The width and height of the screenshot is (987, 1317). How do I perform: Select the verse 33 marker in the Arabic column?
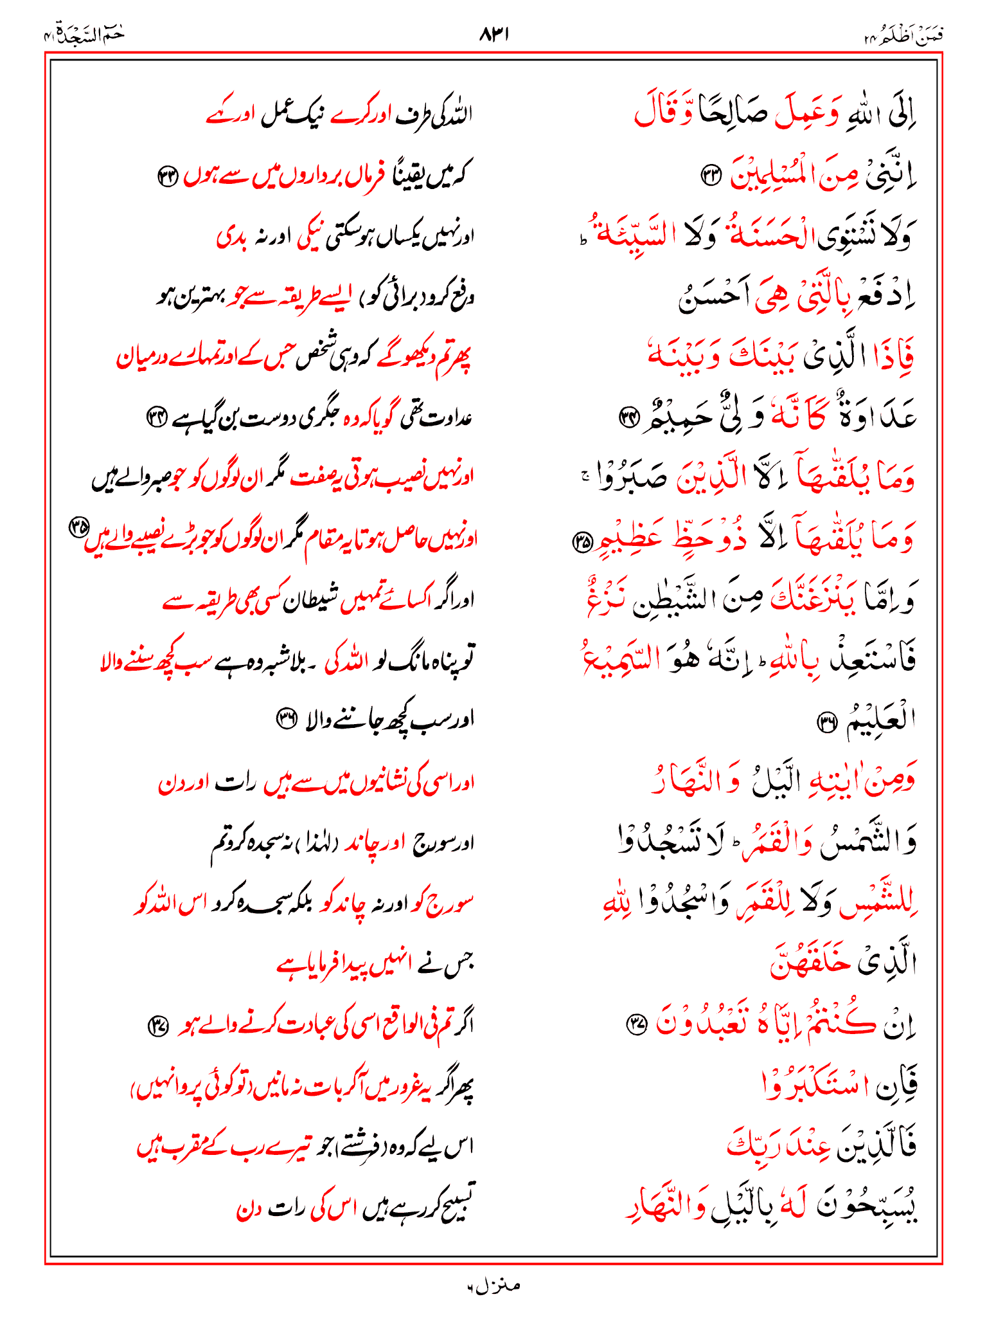coord(711,176)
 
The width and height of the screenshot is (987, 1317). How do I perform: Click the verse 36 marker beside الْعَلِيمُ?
coord(825,723)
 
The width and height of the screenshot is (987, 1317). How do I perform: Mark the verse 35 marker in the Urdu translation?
coord(78,527)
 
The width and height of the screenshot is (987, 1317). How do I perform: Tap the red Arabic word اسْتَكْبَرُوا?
coord(811,1084)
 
